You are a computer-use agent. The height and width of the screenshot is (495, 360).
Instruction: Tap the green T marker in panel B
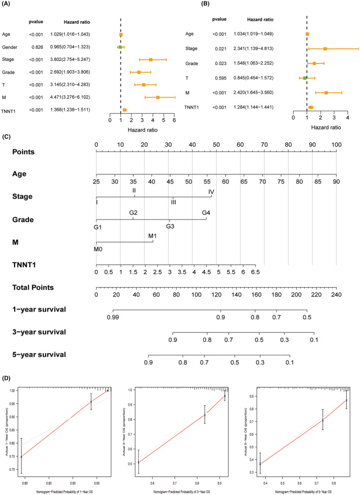click(305, 78)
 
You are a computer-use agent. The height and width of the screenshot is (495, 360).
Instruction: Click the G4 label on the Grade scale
click(206, 212)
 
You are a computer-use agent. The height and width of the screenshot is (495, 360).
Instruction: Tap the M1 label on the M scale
click(153, 236)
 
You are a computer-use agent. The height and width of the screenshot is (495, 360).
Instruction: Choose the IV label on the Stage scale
click(211, 191)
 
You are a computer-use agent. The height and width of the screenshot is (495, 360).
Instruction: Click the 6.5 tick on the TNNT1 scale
click(255, 272)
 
